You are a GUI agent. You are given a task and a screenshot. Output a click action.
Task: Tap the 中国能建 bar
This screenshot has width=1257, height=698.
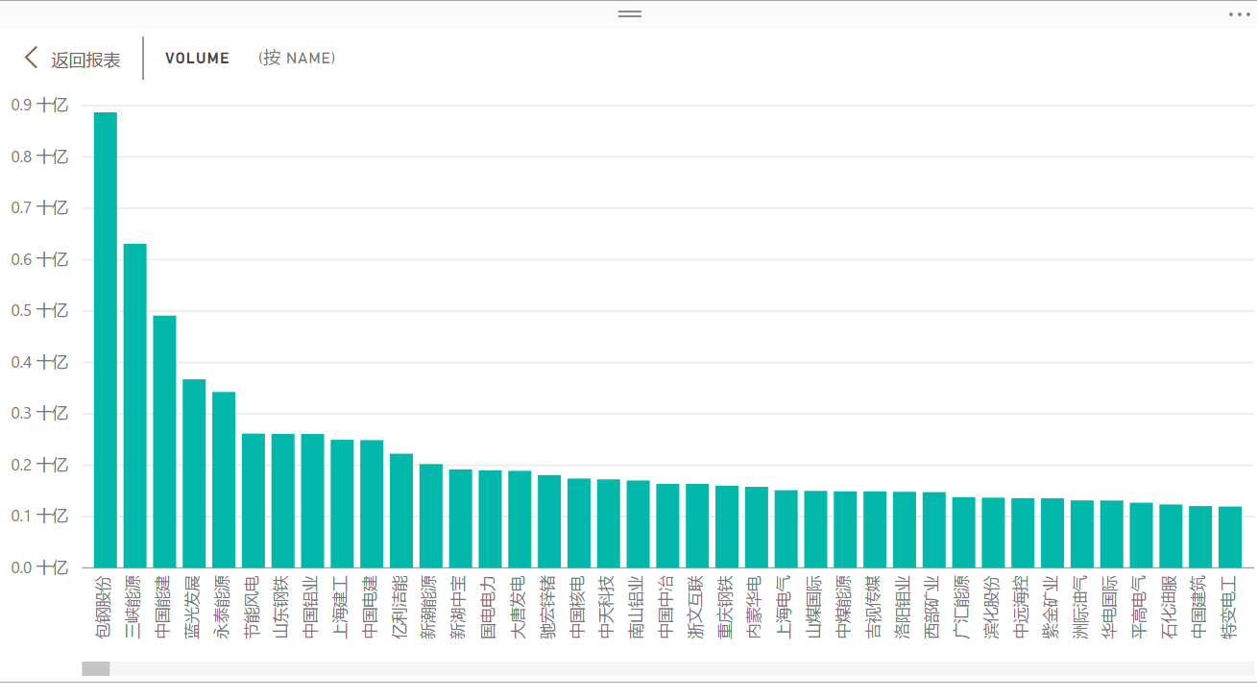pyautogui.click(x=164, y=442)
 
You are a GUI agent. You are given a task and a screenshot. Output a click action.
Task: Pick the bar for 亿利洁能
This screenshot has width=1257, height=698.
pyautogui.click(x=401, y=510)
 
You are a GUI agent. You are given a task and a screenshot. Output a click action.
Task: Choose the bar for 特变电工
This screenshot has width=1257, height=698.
pyautogui.click(x=1230, y=537)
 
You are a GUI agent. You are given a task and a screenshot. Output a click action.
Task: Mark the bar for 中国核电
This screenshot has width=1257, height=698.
pyautogui.click(x=579, y=522)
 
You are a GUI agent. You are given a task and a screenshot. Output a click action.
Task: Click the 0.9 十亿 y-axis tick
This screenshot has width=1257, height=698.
pyautogui.click(x=39, y=106)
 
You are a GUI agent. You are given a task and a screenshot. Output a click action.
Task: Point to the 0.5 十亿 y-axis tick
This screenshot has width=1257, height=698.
pyautogui.click(x=39, y=311)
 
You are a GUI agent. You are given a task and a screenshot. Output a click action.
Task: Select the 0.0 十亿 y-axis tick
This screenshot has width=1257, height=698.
pyautogui.click(x=39, y=567)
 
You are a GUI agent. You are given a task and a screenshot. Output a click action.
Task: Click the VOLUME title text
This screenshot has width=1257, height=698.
pyautogui.click(x=197, y=59)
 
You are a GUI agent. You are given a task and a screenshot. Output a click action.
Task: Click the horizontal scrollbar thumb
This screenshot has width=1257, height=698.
pyautogui.click(x=96, y=668)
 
